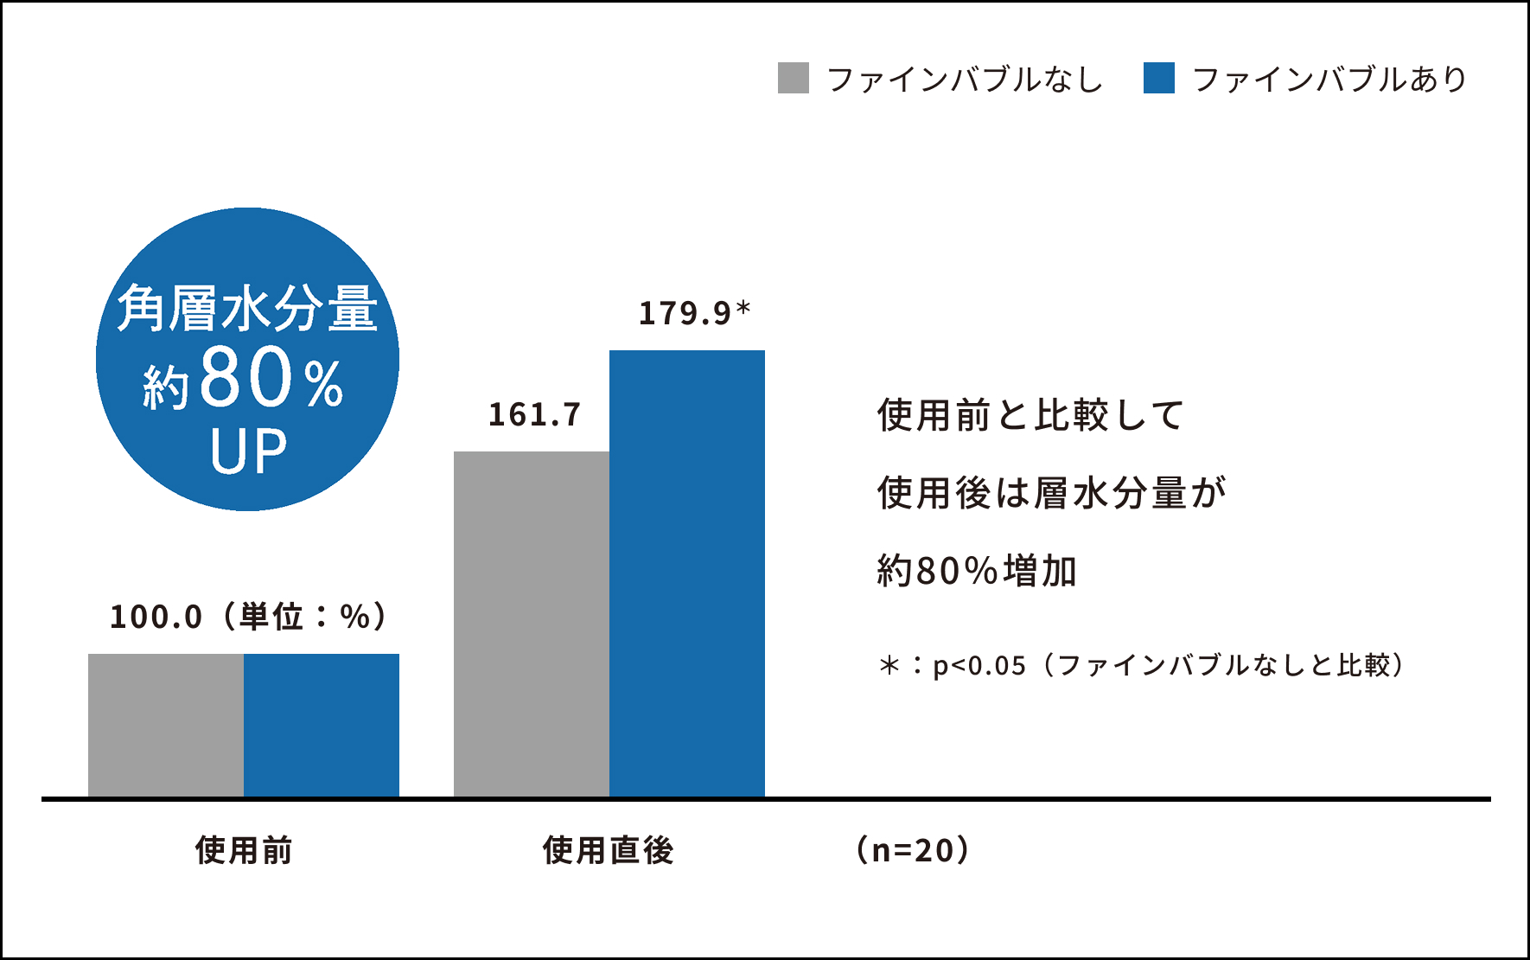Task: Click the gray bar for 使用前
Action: point(166,725)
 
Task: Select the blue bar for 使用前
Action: point(322,725)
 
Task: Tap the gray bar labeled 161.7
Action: point(532,623)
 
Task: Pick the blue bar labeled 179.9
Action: point(687,573)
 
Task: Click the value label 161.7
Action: point(535,415)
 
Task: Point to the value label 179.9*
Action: point(694,313)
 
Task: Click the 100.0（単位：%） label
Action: point(249,617)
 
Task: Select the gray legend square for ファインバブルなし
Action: point(793,78)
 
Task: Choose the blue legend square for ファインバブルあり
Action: point(1158,78)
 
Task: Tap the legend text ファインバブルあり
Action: point(1329,80)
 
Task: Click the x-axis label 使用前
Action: point(244,850)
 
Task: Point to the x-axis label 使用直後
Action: point(608,850)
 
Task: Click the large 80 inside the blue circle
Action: point(247,378)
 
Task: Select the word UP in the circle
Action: point(248,451)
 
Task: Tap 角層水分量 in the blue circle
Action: point(248,309)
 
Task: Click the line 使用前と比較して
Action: point(1030,415)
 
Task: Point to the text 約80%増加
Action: point(977,571)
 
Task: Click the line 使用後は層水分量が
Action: point(1051,493)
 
